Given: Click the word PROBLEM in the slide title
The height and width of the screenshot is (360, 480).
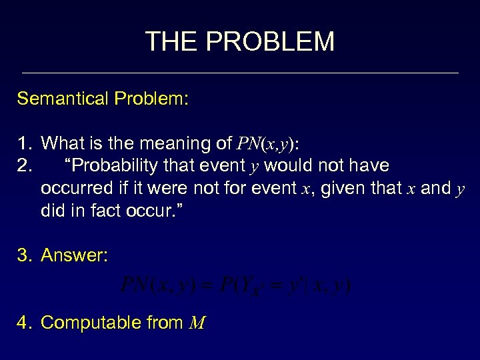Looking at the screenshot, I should (270, 41).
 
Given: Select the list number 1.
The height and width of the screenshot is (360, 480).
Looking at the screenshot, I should (24, 143).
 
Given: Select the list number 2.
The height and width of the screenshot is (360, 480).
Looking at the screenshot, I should (24, 165).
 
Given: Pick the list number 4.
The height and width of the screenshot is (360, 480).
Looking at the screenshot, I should (25, 323).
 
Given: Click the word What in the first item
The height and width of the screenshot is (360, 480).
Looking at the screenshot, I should (62, 143).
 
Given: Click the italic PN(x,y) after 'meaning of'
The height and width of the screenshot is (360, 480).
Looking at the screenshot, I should (265, 143).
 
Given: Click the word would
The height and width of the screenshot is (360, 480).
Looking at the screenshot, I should (291, 165).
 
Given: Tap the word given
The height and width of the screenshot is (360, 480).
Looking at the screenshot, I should (340, 188).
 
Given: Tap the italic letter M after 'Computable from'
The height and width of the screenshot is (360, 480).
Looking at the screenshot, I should (197, 323).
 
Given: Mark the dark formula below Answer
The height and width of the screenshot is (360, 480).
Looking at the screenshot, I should (235, 286).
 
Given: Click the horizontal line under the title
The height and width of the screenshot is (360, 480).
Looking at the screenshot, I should (240, 73).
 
